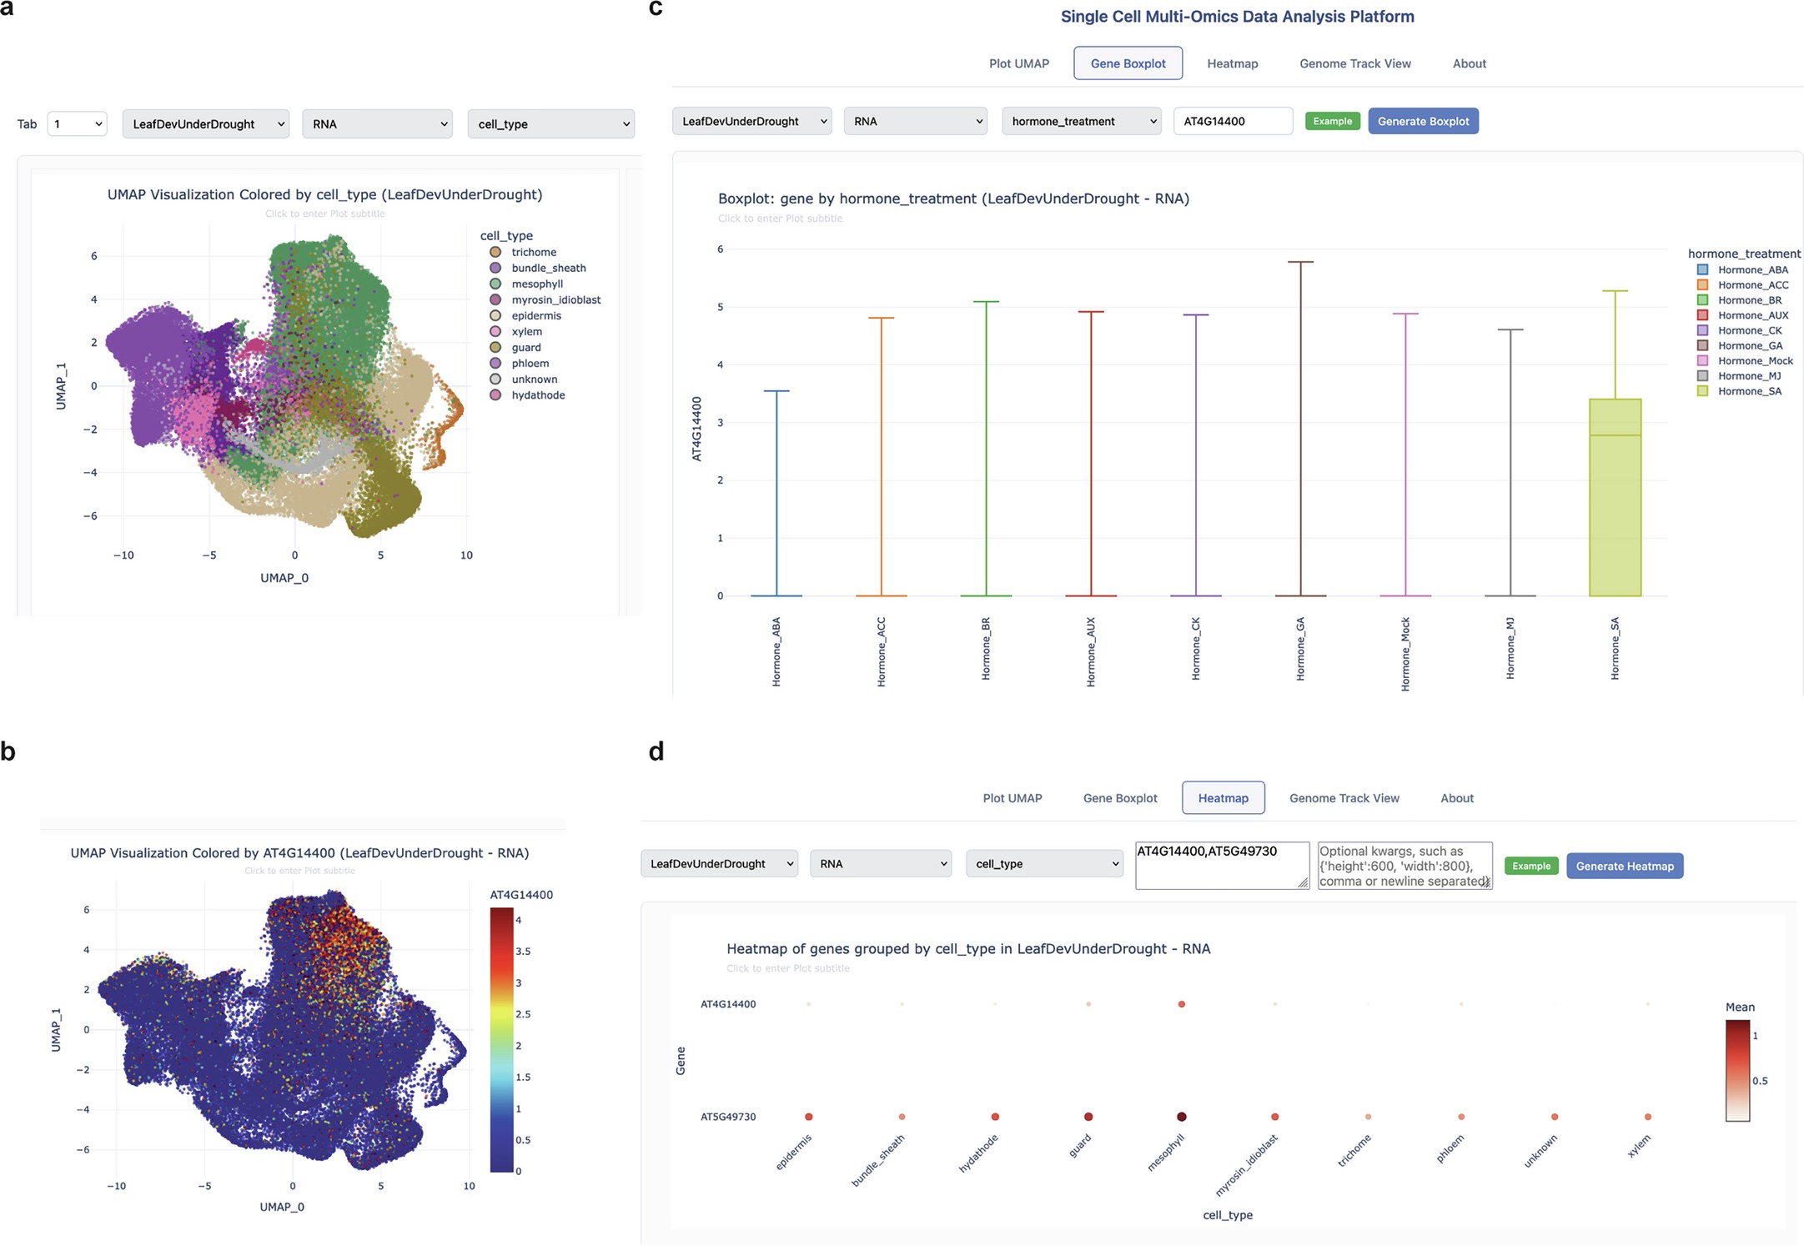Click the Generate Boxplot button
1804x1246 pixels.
(1423, 121)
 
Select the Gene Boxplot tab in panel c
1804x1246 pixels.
(1128, 63)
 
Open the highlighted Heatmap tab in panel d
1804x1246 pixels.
(1223, 798)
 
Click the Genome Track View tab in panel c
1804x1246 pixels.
(1354, 63)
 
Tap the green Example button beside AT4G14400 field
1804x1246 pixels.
(1332, 121)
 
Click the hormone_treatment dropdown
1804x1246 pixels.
(1081, 121)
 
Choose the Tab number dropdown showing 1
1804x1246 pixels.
(78, 124)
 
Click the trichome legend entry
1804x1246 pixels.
(533, 252)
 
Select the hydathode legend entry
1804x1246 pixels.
(537, 395)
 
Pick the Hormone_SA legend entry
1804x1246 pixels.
(1749, 391)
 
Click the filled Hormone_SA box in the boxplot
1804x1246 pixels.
(1615, 500)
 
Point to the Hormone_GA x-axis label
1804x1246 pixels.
(1300, 649)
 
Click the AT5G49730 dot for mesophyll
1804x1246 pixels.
(1181, 1117)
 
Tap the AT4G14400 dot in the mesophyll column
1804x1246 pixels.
(1181, 1004)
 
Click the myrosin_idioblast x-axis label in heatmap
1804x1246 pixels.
(1247, 1164)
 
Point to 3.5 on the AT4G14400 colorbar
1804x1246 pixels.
(523, 952)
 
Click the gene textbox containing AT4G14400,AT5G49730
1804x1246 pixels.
(1221, 865)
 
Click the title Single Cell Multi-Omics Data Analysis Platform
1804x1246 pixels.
(1237, 17)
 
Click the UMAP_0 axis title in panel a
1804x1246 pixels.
(284, 578)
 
